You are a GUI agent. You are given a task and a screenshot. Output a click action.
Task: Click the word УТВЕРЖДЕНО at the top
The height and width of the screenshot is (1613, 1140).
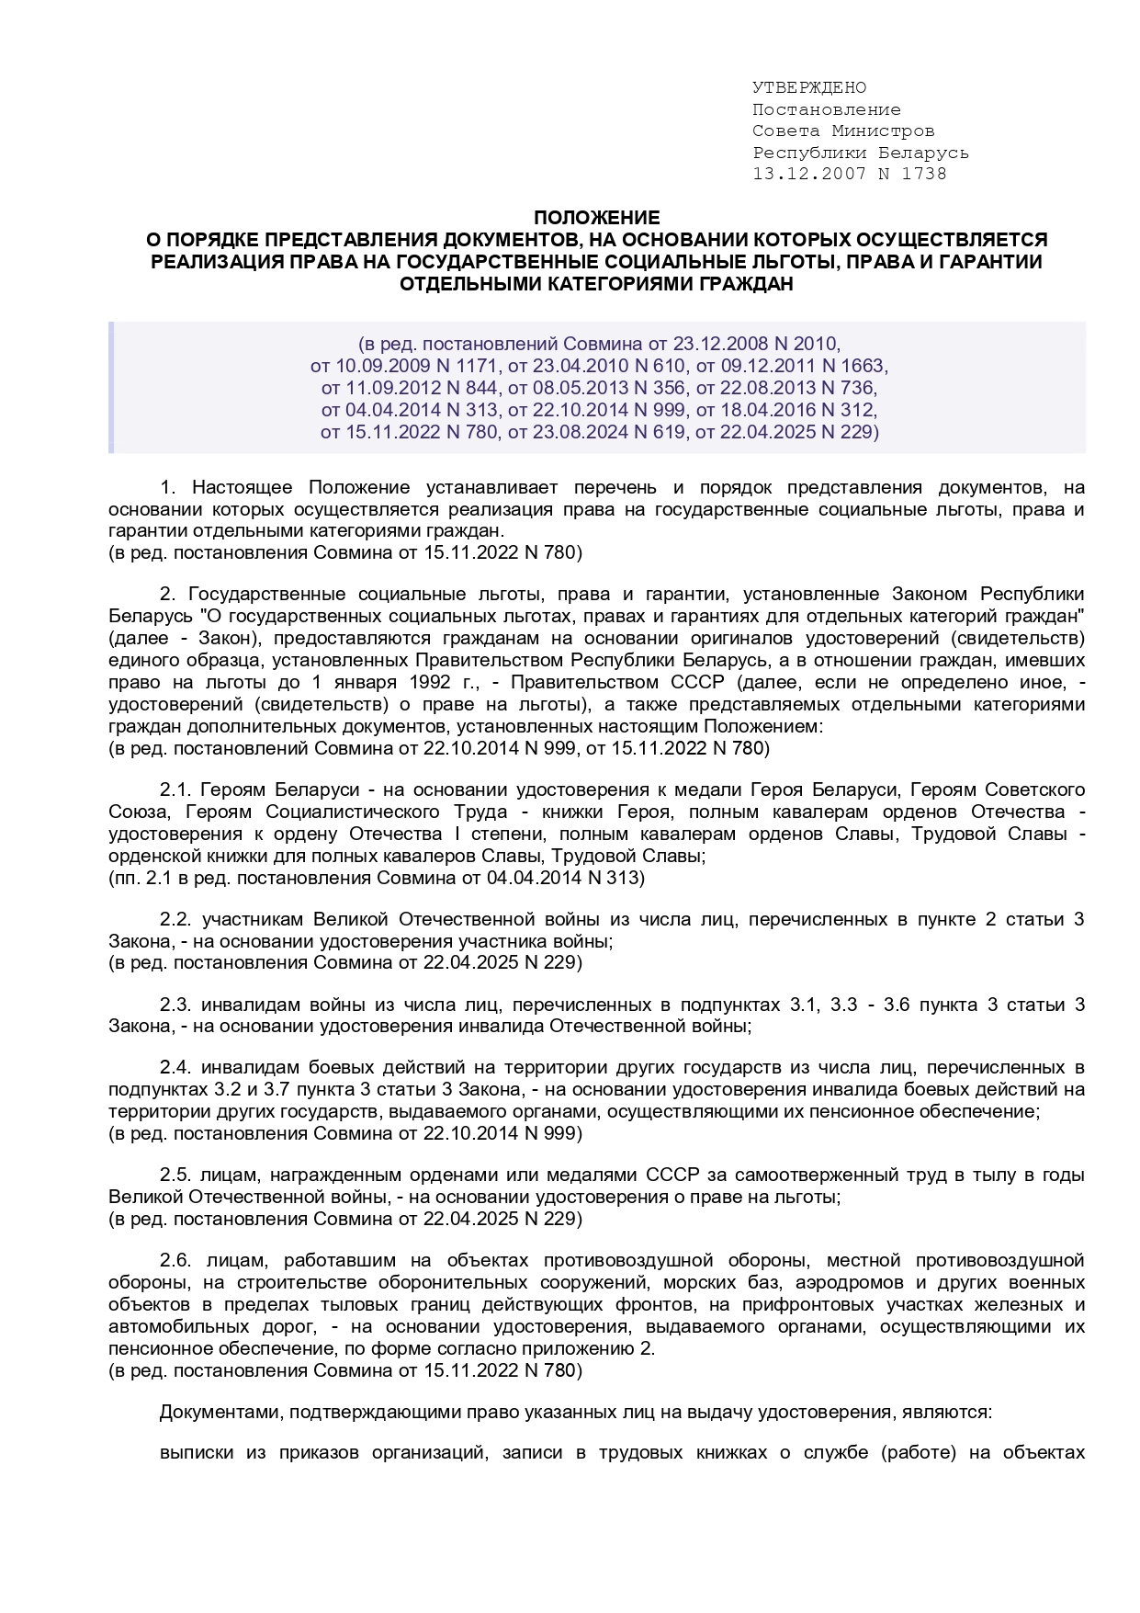click(x=808, y=88)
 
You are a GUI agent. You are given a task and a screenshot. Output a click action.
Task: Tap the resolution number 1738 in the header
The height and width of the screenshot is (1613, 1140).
click(x=926, y=174)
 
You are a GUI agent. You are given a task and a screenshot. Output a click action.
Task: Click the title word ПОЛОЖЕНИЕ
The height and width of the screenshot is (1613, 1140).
click(x=597, y=218)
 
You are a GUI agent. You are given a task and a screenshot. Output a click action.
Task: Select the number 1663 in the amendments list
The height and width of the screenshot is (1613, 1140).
click(x=863, y=366)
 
